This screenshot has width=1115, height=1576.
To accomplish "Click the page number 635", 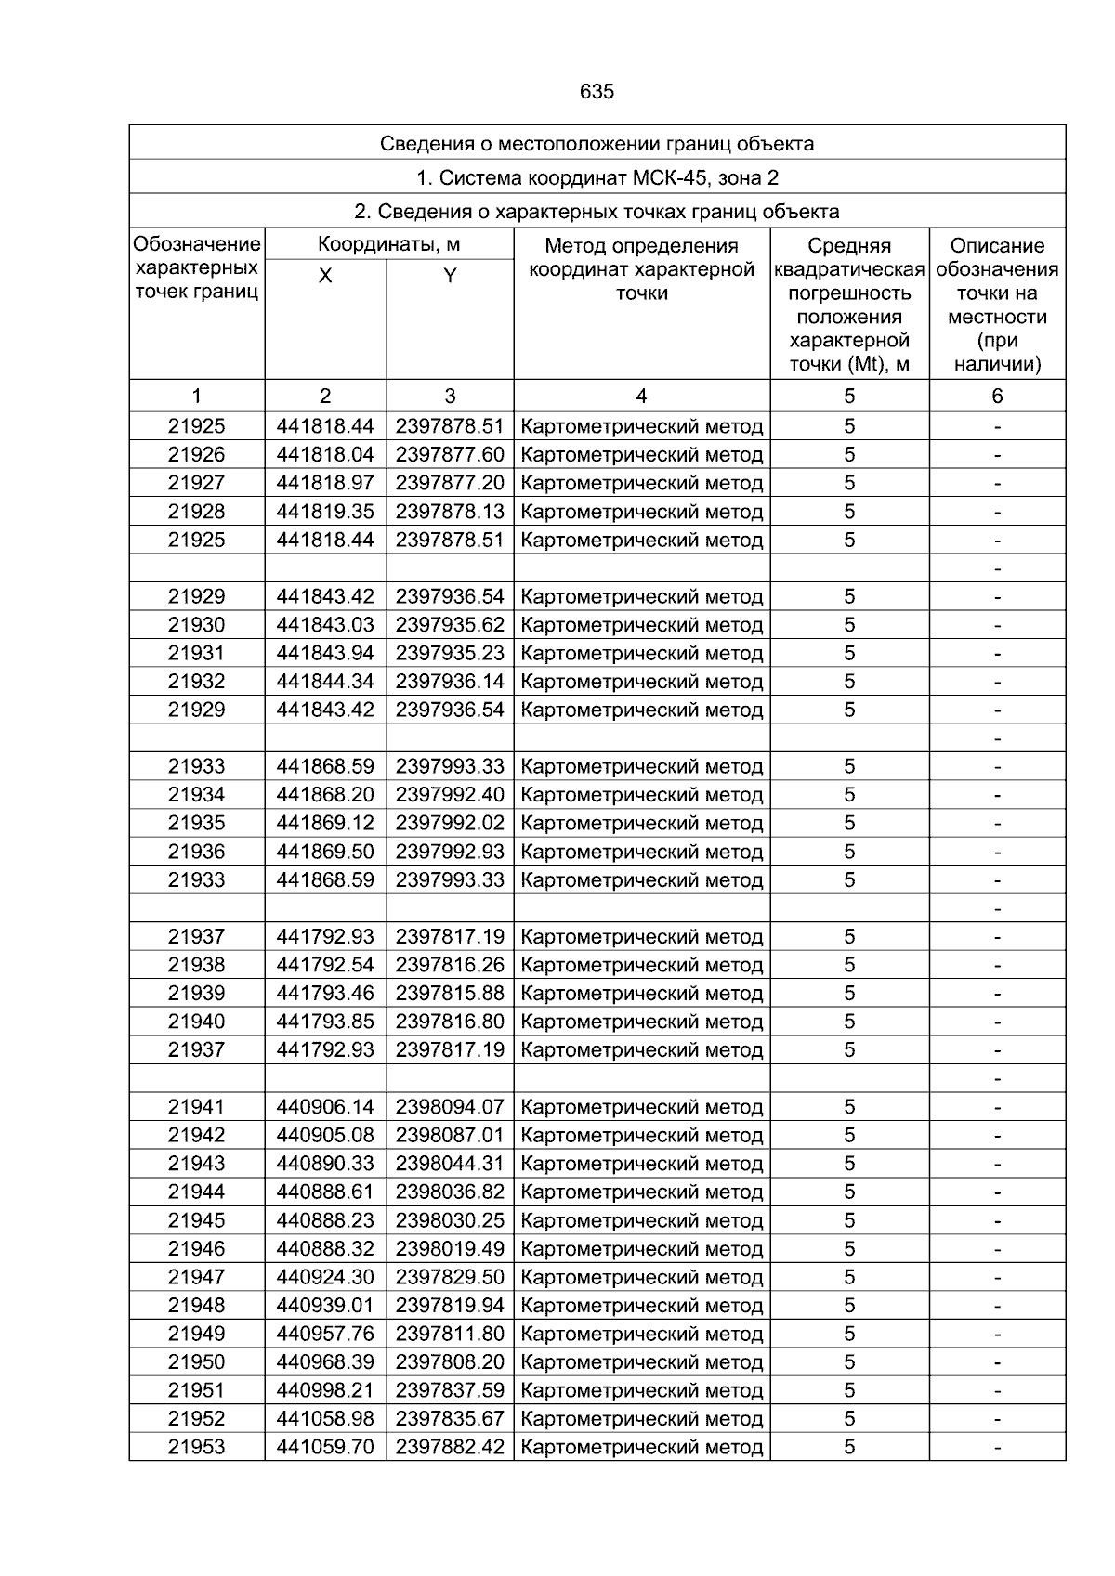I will coord(597,92).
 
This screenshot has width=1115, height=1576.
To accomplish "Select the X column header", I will coord(325,276).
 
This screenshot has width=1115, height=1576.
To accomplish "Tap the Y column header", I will coord(450,276).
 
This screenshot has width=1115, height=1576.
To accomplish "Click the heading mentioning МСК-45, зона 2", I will coord(597,177).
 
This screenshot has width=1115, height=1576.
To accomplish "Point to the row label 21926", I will coord(196,455).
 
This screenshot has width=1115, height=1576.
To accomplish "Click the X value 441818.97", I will coord(325,483).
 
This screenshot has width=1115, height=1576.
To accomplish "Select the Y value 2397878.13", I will coord(450,512).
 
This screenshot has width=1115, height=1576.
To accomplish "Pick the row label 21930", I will coord(196,625).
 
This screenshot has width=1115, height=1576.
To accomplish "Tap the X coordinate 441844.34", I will coord(325,682).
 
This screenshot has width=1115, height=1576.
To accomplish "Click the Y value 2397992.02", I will coord(450,824).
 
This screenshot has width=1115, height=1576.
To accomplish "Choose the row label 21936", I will coord(196,852).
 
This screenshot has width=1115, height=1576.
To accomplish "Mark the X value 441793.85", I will coord(325,1022).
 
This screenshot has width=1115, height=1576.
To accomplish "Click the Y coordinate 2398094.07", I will coord(450,1107).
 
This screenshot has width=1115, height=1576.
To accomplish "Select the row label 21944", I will coord(196,1192).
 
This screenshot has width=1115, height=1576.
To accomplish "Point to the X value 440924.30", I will coord(325,1277).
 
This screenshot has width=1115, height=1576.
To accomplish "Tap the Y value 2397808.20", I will coord(450,1362).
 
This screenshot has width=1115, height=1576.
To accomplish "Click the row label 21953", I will coord(196,1447).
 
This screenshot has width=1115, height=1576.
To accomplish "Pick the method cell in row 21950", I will coord(642,1362).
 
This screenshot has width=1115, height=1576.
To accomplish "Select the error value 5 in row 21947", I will coord(849,1277).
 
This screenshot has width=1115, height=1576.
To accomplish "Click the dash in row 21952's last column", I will coord(997,1419).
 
